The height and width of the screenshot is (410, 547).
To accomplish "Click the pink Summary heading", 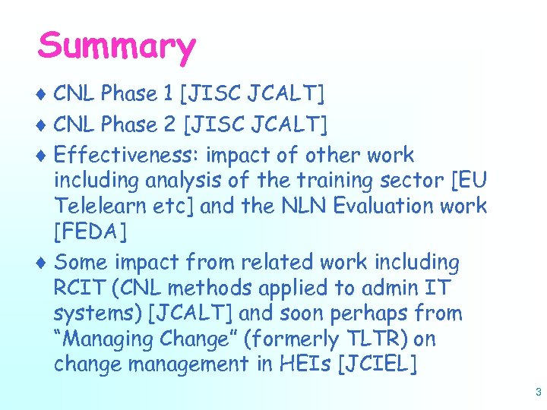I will [x=116, y=47].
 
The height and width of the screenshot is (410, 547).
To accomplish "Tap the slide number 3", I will [x=538, y=393].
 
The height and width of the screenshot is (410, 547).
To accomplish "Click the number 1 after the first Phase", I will [x=168, y=94].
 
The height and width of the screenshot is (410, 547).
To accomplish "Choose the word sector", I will [x=411, y=181].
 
